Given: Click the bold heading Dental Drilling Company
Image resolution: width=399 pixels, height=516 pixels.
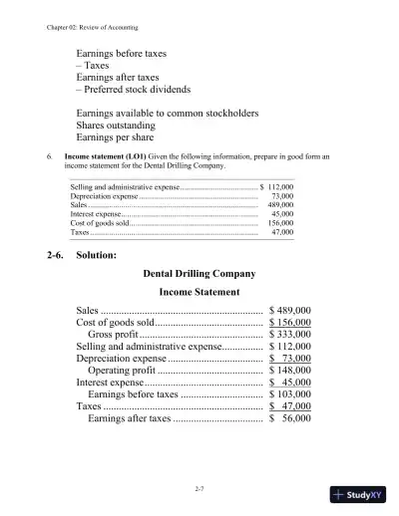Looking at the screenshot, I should (199, 273).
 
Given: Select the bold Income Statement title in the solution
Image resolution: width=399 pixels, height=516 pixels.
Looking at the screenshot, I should (199, 293).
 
